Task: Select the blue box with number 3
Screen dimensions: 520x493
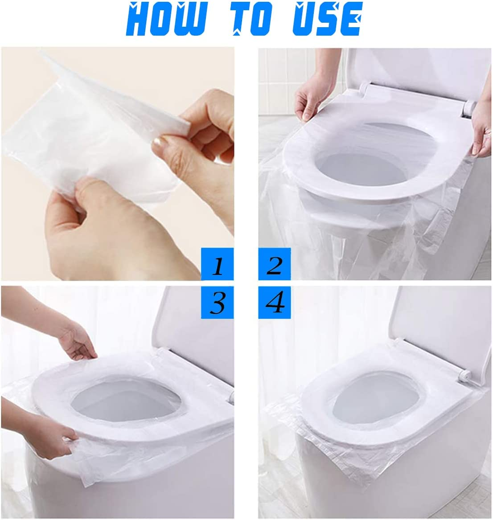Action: (x=217, y=303)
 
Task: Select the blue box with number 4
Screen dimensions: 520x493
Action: (x=275, y=303)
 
